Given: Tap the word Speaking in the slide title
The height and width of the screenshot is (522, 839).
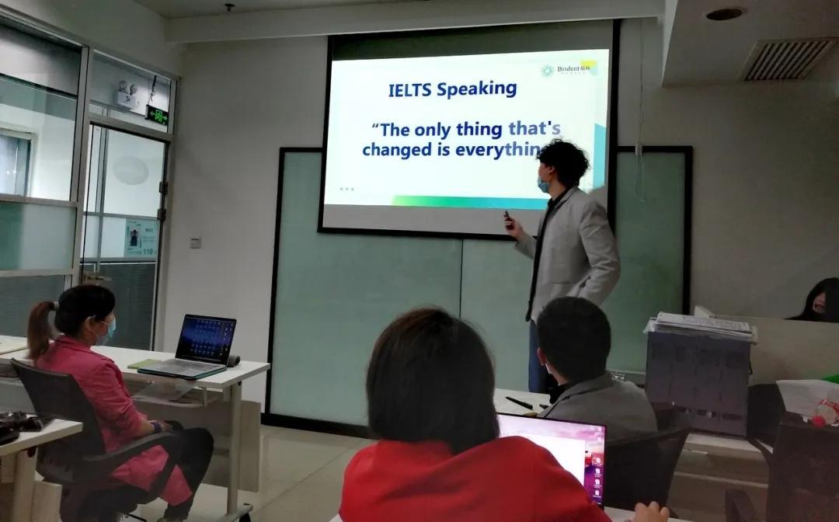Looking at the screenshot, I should [476, 89].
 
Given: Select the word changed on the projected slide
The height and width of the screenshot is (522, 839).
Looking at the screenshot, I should [396, 149].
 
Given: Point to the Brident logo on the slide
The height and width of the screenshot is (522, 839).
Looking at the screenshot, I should [571, 70].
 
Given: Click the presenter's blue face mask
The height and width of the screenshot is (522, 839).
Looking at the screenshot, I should [544, 184].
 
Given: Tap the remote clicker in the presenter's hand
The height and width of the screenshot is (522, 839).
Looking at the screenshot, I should [508, 221].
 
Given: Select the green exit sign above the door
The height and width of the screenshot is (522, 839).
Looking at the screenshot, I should [158, 117].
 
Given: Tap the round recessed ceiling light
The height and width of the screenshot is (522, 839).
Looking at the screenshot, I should [724, 14].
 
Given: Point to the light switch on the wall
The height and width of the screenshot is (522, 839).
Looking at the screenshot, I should [196, 242].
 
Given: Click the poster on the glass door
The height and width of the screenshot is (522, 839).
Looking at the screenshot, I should [141, 238].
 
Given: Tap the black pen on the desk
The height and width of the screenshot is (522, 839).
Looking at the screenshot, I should [518, 402].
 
